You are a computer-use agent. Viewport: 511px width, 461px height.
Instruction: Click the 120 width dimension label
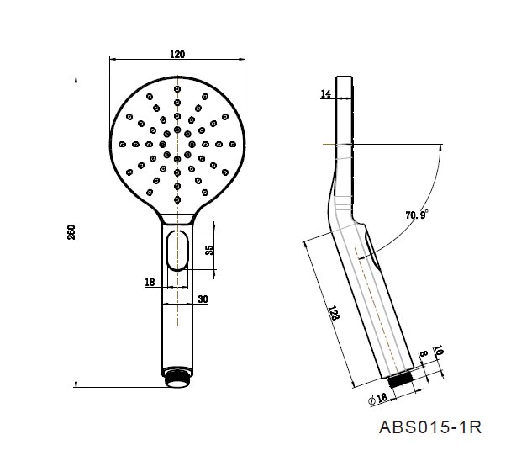(177, 54)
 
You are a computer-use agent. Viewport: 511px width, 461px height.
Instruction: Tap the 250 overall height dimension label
(71, 232)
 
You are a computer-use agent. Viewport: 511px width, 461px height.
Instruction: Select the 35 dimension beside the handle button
(209, 250)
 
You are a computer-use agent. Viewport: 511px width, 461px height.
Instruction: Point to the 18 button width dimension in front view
(150, 282)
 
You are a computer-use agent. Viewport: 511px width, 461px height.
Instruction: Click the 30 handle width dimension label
(203, 299)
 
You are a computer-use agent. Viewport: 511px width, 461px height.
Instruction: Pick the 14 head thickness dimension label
(325, 94)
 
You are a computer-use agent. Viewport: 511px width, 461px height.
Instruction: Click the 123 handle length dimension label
(334, 313)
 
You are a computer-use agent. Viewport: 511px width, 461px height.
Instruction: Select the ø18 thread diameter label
(378, 399)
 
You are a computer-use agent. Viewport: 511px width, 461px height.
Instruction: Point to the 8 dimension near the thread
(423, 353)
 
